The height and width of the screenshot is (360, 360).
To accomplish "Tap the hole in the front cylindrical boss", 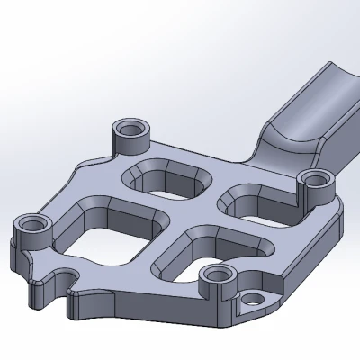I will pyautogui.click(x=217, y=274).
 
